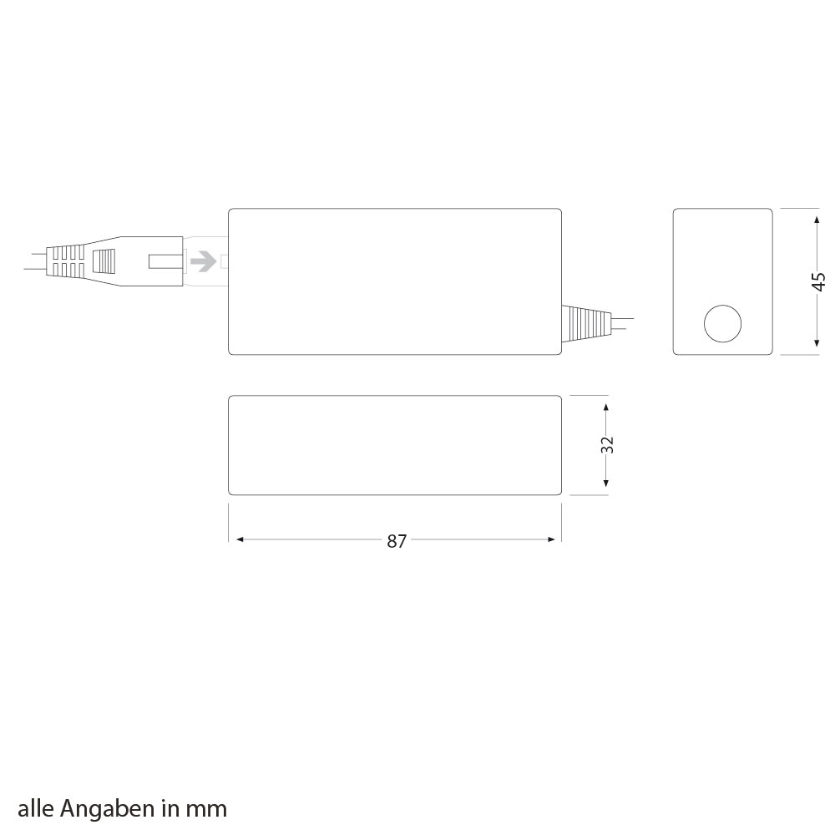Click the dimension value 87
tap(397, 541)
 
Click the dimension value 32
tap(607, 445)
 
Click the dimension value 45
tap(818, 281)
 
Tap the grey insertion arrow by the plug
tap(203, 261)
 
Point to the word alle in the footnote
tap(36, 809)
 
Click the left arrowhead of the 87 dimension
tap(240, 539)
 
